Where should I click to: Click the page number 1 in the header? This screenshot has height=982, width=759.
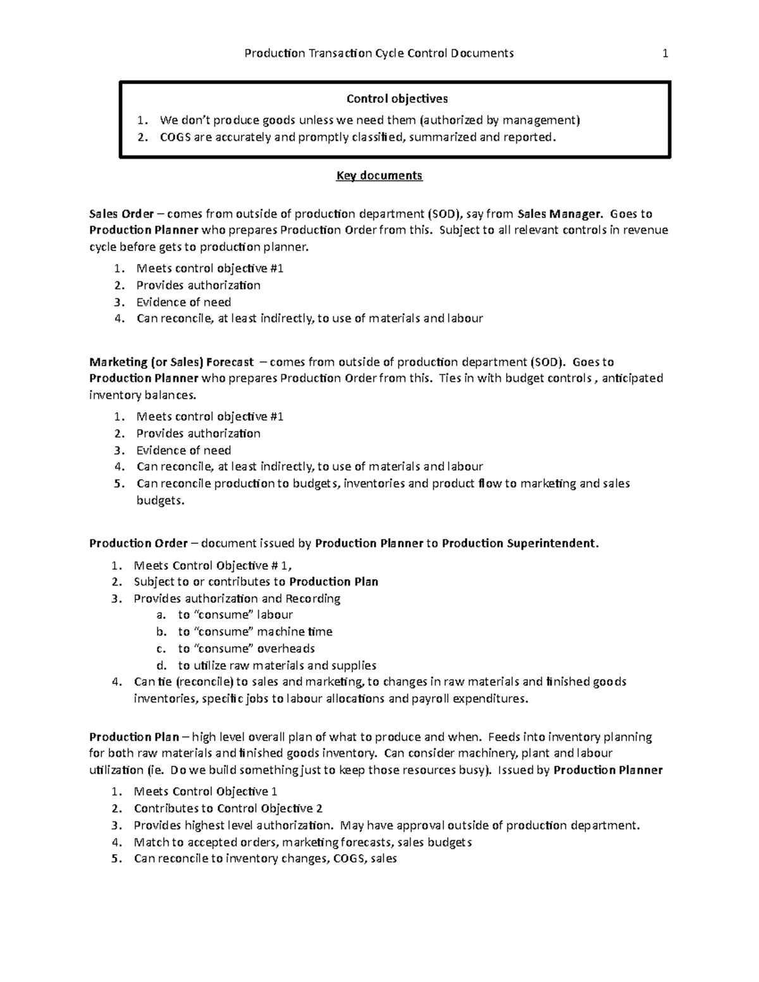click(665, 54)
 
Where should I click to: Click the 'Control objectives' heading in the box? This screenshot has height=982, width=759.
click(397, 99)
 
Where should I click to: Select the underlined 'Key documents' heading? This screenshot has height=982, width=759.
click(379, 176)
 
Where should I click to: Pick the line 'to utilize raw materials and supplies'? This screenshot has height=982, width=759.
click(277, 665)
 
